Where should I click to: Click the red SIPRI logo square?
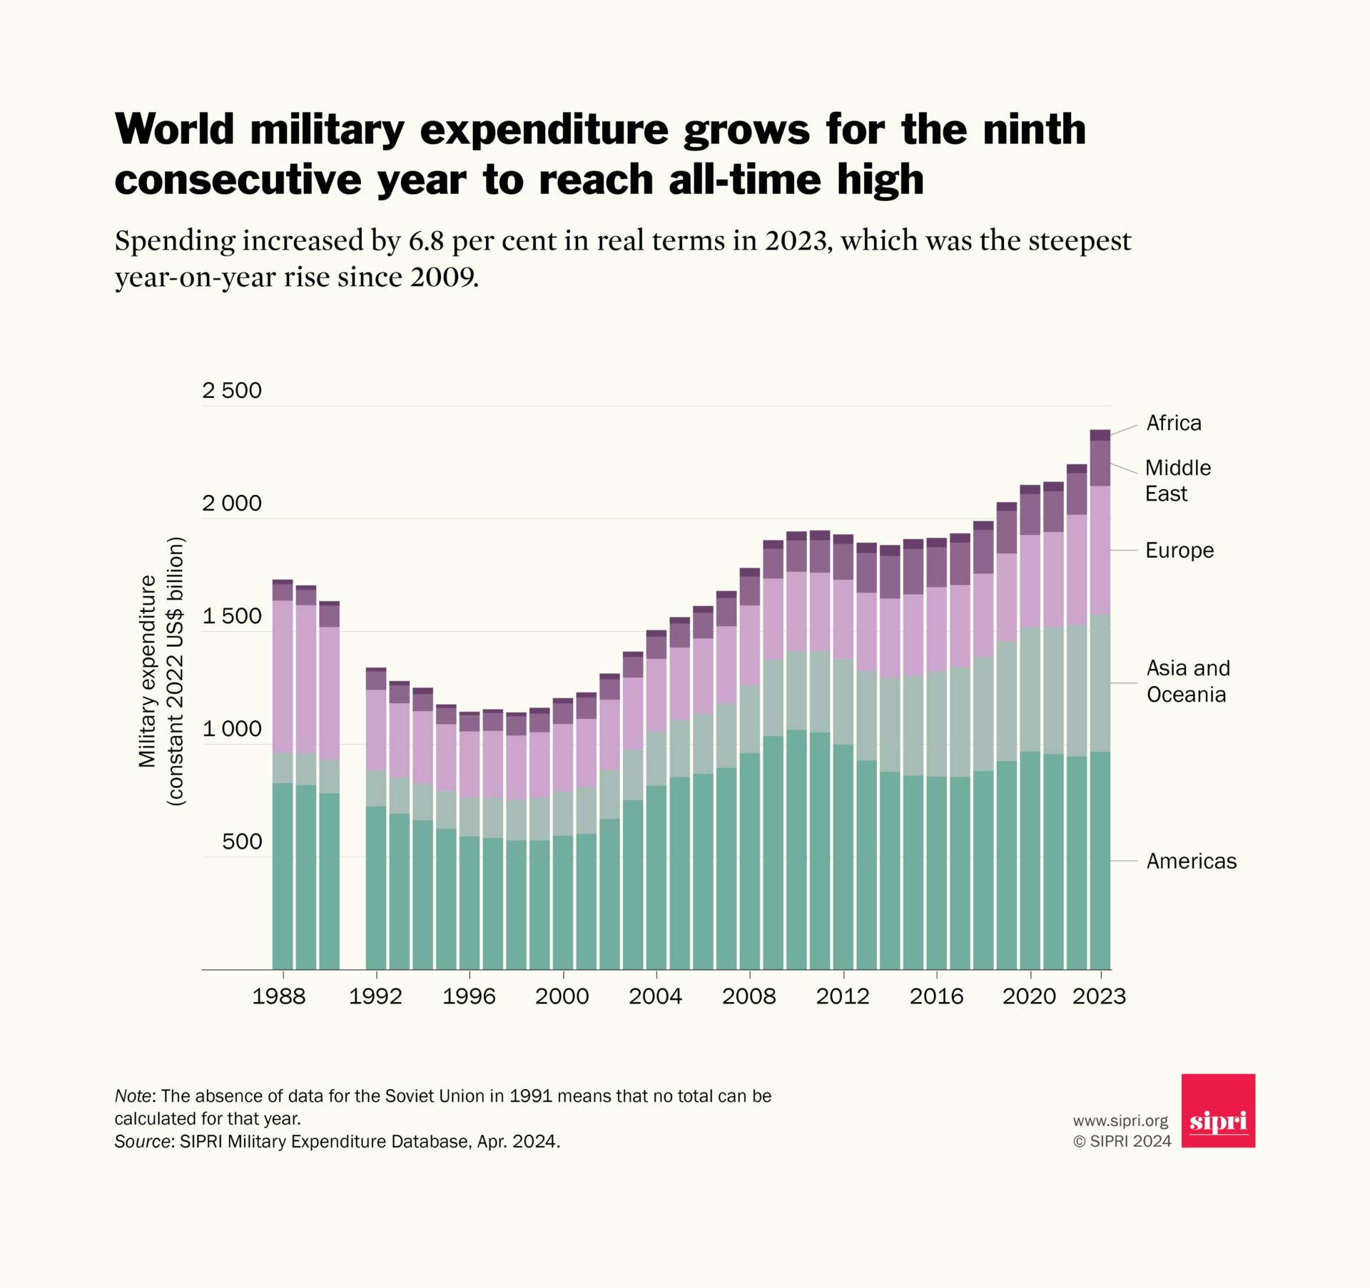pyautogui.click(x=1217, y=1110)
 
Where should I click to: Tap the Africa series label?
pyautogui.click(x=1173, y=423)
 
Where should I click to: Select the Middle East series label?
pyautogui.click(x=1177, y=481)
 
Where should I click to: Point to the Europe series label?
pyautogui.click(x=1179, y=551)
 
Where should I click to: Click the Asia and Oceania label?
pyautogui.click(x=1188, y=681)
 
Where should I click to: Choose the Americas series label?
pyautogui.click(x=1191, y=861)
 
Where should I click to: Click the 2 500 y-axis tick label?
pyautogui.click(x=232, y=390)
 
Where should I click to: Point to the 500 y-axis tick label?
pyautogui.click(x=242, y=842)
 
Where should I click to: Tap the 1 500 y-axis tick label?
pyautogui.click(x=232, y=616)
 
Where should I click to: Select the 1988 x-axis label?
pyautogui.click(x=278, y=996)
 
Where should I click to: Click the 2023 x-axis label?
pyautogui.click(x=1098, y=996)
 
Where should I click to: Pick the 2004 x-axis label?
pyautogui.click(x=655, y=996)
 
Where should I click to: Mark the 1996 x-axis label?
pyautogui.click(x=469, y=996)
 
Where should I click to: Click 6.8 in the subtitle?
pyautogui.click(x=426, y=241)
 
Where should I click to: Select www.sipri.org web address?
pyautogui.click(x=1120, y=1121)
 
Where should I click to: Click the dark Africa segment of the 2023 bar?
pyautogui.click(x=1100, y=435)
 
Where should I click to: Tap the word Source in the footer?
pyautogui.click(x=142, y=1142)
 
